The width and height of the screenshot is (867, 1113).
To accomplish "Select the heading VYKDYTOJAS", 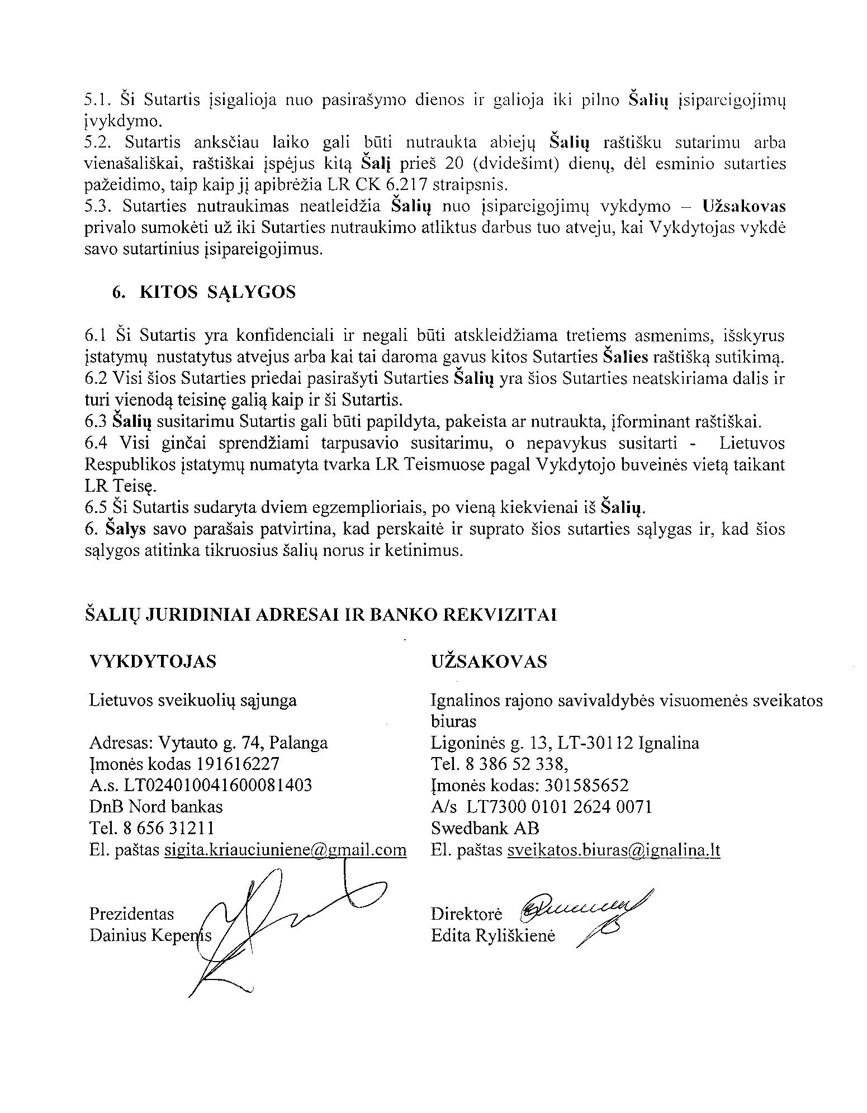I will (153, 662).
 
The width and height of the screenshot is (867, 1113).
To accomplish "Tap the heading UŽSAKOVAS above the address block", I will (489, 662).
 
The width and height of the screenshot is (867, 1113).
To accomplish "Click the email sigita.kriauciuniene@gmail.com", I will (285, 850).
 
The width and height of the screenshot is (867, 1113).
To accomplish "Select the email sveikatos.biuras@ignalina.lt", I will (614, 850).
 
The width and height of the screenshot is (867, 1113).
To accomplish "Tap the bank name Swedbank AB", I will (485, 829).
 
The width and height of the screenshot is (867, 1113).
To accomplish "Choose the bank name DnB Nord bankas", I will (156, 807).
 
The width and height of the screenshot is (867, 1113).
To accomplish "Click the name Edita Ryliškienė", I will (493, 936).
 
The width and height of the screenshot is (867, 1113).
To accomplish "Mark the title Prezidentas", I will (131, 914).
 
